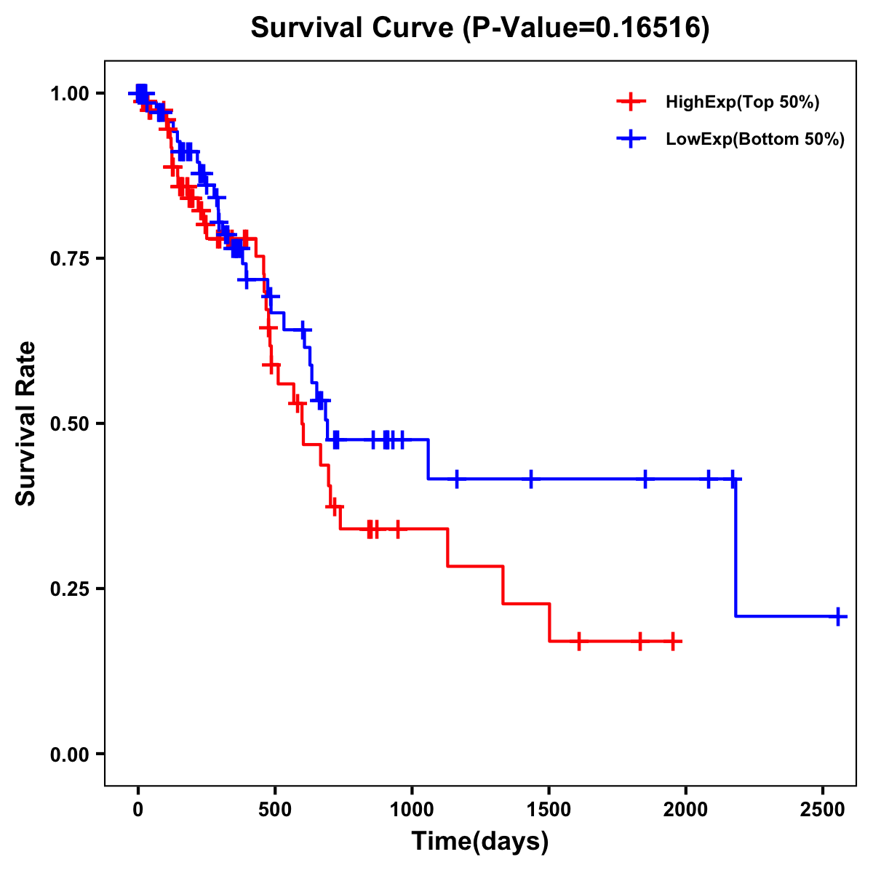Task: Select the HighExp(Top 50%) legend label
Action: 742,103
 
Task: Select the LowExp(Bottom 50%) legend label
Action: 755,140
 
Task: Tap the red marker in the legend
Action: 631,103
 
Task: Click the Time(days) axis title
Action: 480,842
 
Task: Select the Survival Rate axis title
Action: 27,423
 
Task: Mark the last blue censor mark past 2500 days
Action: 838,616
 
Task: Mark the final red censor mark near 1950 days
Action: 674,642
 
